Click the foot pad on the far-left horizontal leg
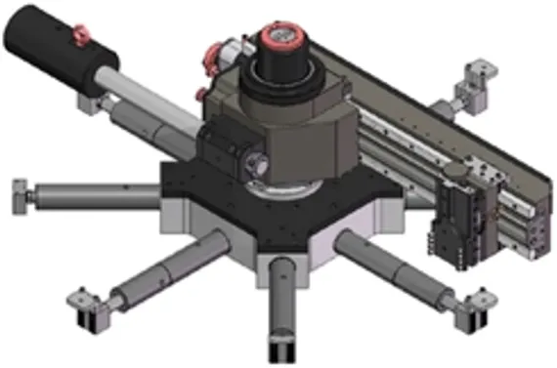tap(20, 196)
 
